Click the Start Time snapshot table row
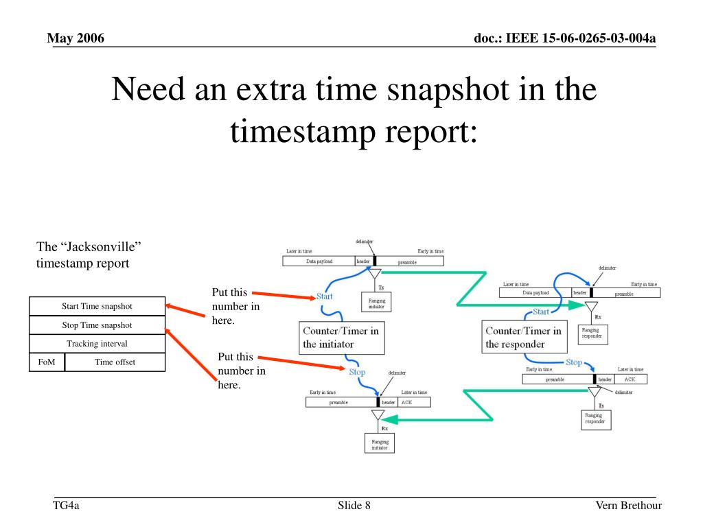click(97, 306)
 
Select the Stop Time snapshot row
click(97, 325)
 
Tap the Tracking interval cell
click(97, 343)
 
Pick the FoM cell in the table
click(47, 362)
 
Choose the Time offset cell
click(115, 362)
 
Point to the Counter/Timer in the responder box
click(523, 337)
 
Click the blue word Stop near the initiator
click(357, 372)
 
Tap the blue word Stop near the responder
click(573, 362)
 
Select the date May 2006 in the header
click(76, 38)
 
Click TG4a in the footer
click(67, 506)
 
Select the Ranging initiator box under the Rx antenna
click(380, 445)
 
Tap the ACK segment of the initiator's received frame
click(414, 402)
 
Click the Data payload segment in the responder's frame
click(535, 293)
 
